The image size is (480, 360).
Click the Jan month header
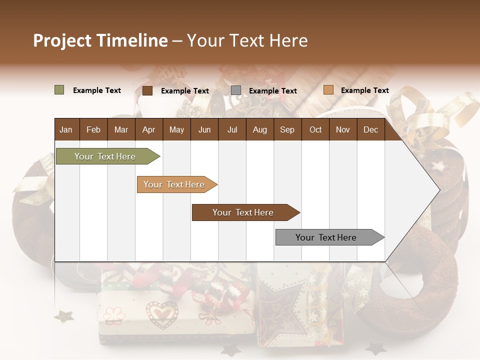coord(66,129)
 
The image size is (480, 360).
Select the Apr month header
coord(148,129)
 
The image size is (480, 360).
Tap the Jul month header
coord(232,129)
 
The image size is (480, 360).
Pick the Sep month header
coord(287,129)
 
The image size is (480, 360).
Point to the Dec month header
coord(370,129)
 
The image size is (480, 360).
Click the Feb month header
coord(93,129)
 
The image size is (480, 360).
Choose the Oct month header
coord(315,129)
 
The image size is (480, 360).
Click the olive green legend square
coord(59,90)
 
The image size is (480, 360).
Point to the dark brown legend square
coord(147,90)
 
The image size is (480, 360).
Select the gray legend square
coord(236,90)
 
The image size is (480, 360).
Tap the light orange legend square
coord(328,90)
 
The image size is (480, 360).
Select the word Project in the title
coord(61,40)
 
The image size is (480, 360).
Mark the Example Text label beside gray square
coord(273,90)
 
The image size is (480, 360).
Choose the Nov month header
coord(343,129)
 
